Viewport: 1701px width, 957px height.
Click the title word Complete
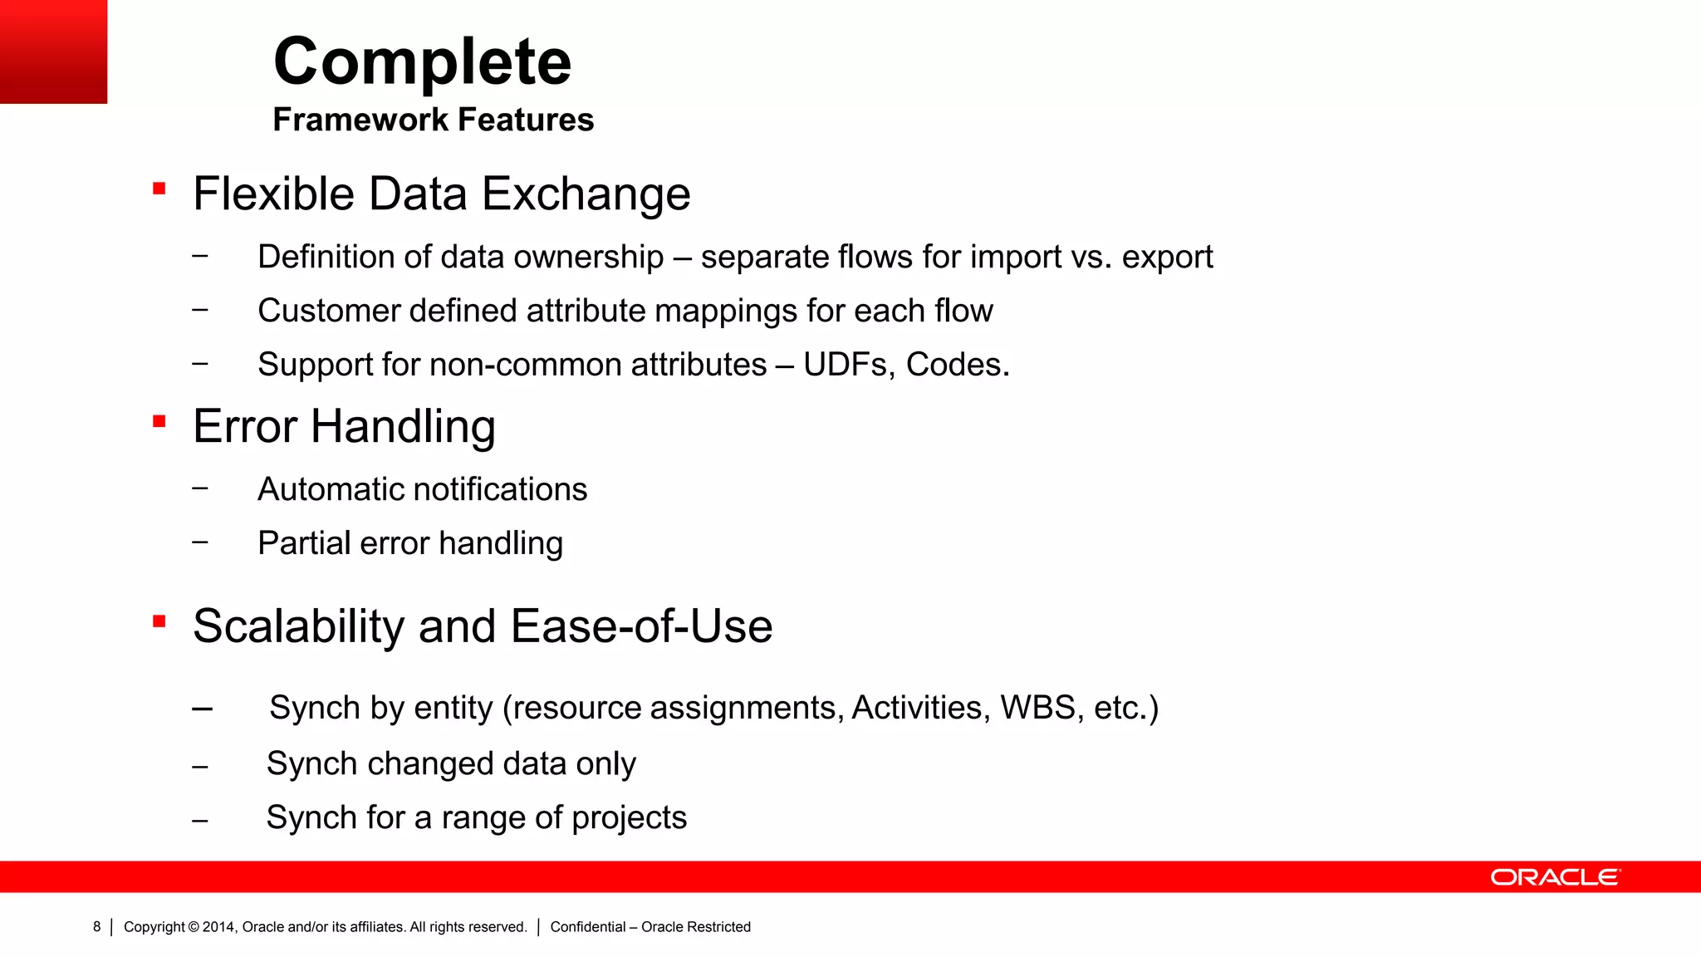tap(422, 62)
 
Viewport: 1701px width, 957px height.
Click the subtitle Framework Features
tap(433, 120)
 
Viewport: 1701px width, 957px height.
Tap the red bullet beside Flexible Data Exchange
tap(159, 189)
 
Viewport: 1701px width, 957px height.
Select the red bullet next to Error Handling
tap(159, 421)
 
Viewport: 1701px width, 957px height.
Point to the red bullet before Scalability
tap(159, 621)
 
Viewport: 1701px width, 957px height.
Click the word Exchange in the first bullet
tap(586, 194)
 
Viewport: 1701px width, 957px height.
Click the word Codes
tap(957, 365)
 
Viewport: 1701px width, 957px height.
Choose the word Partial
tap(304, 543)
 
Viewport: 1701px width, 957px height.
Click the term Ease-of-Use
tap(641, 626)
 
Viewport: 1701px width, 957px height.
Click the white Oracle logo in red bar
tap(1555, 877)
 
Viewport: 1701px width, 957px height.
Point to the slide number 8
tap(96, 927)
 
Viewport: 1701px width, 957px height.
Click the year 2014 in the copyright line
tap(218, 927)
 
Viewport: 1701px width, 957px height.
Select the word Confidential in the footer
tap(587, 927)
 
